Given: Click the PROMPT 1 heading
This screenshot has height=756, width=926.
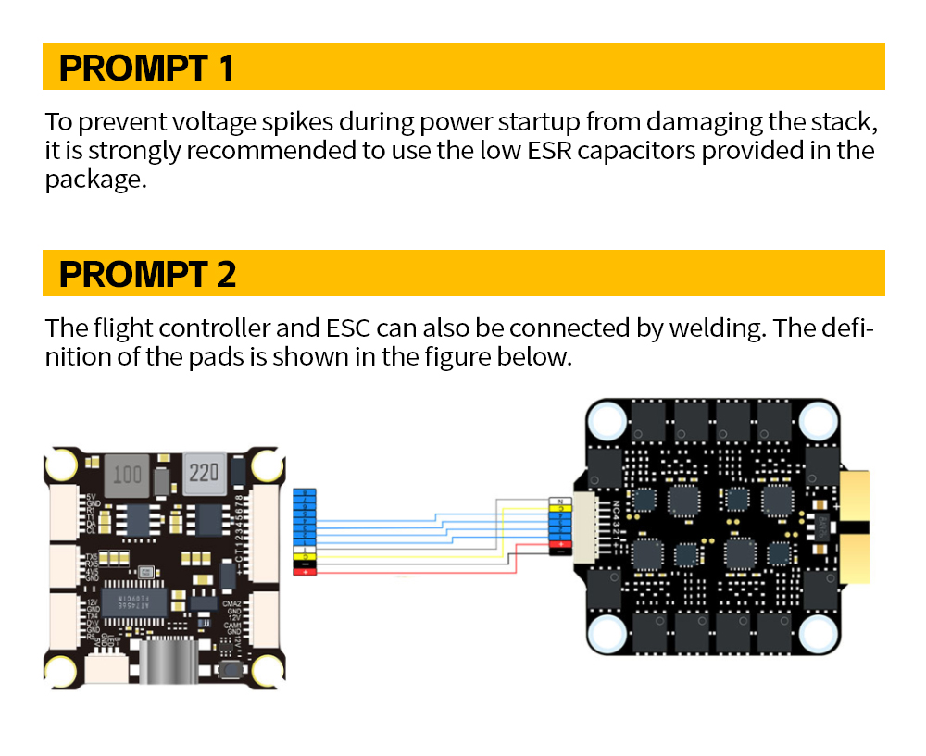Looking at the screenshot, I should point(146,68).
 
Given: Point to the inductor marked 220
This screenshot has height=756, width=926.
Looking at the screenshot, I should point(204,474).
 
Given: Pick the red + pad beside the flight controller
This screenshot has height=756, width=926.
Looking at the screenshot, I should point(305,572).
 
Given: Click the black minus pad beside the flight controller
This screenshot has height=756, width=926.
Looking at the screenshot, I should point(305,564).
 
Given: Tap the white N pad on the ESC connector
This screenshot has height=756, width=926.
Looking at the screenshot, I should point(561,501).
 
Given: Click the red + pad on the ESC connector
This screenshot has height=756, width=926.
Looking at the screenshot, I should point(561,545).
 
